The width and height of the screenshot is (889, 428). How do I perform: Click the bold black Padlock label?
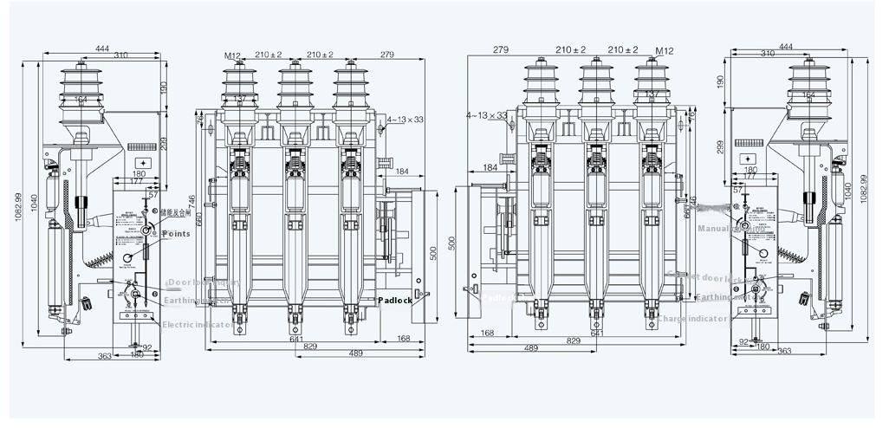pos(395,301)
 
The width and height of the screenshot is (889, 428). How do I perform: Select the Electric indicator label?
pos(198,325)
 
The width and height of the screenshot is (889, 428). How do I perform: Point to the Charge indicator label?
pos(693,319)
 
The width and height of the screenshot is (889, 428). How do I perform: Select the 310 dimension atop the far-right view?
pos(768,54)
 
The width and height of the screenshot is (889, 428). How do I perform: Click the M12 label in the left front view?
pos(232,55)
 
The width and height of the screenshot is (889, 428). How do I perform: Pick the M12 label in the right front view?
pos(665,50)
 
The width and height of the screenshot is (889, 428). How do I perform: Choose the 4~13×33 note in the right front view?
pos(486,114)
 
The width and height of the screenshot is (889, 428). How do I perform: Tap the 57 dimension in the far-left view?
pos(153,196)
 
